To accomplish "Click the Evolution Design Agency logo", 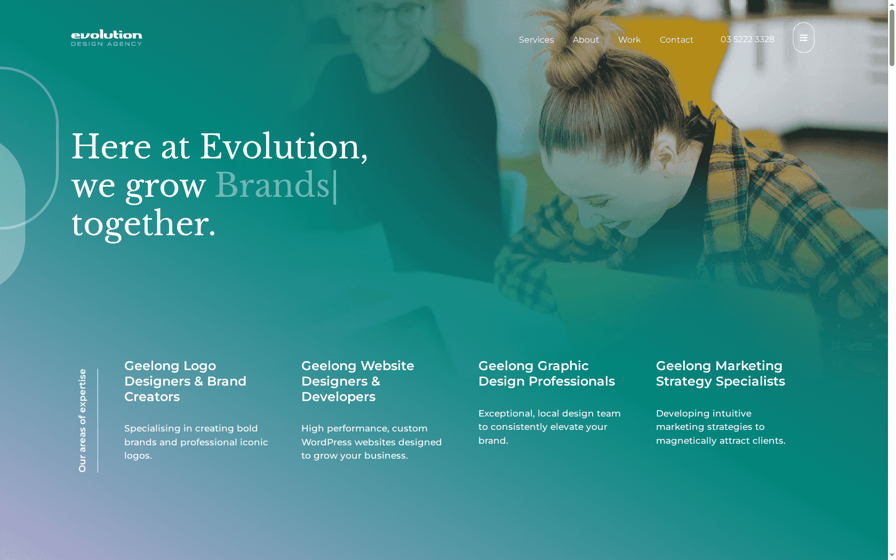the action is click(107, 38).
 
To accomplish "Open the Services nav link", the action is click(536, 39).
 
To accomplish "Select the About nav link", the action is click(586, 39).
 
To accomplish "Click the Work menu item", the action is click(629, 39).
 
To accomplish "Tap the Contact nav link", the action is click(676, 39).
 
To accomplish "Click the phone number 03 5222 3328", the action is click(747, 39).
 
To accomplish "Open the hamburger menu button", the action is click(803, 37).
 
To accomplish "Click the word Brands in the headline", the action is click(272, 185).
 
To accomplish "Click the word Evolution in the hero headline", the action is click(279, 147).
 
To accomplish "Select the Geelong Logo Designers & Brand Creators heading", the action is click(185, 381).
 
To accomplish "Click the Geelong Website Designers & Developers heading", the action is click(357, 381).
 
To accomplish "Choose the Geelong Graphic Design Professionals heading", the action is click(546, 373).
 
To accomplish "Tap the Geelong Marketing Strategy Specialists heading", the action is click(721, 373).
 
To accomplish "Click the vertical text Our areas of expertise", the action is click(82, 420).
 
